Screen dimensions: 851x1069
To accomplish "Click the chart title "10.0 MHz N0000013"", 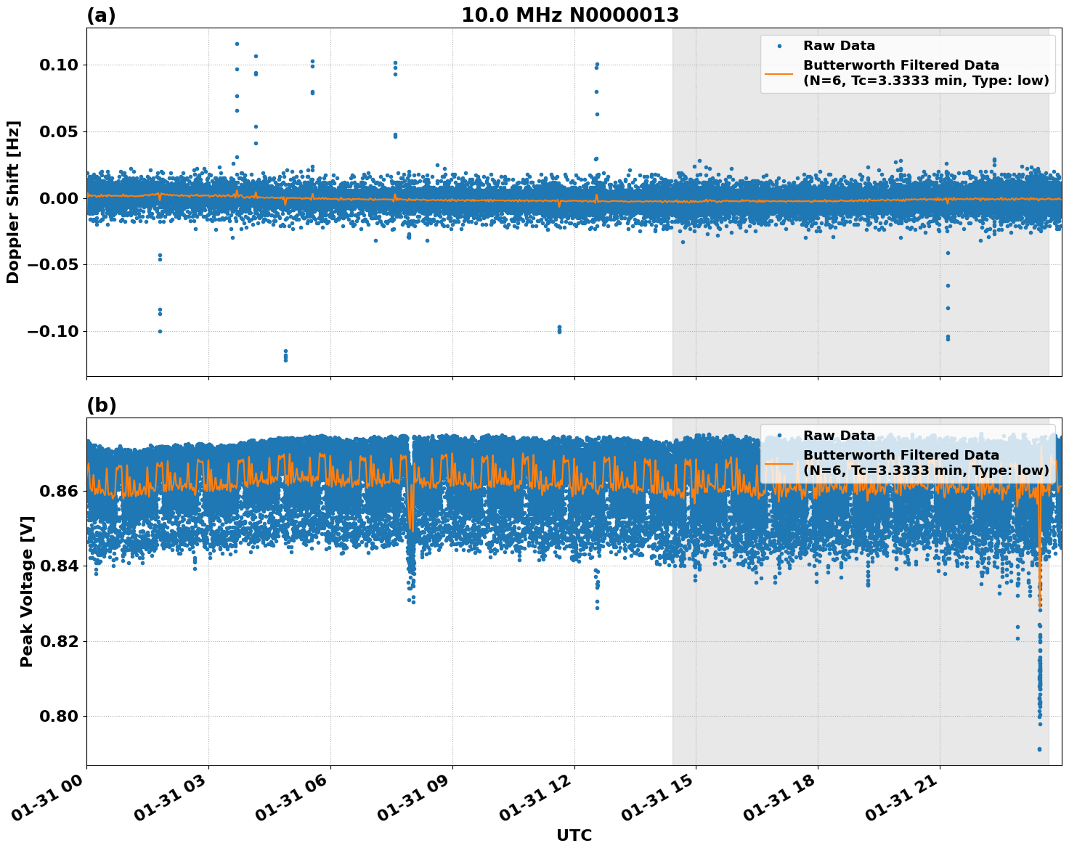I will click(x=570, y=15).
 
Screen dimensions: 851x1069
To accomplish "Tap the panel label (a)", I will click(x=101, y=15).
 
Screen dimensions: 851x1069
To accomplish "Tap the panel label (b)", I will click(x=101, y=405).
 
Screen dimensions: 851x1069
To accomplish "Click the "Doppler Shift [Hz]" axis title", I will click(x=13, y=202).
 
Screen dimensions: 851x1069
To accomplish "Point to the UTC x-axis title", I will click(x=574, y=835).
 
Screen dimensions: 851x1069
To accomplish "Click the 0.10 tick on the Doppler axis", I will click(x=57, y=65).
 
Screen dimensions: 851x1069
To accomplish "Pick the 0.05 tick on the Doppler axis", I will click(x=57, y=132).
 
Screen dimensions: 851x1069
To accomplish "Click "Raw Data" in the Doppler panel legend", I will click(x=839, y=46).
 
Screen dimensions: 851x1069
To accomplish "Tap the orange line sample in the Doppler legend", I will click(x=779, y=73).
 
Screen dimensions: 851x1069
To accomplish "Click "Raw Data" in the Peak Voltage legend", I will click(x=839, y=436).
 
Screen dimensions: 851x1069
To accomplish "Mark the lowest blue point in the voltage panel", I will click(x=1039, y=749).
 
